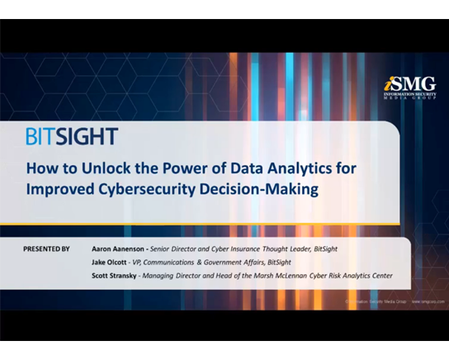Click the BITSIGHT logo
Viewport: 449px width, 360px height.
point(72,136)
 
